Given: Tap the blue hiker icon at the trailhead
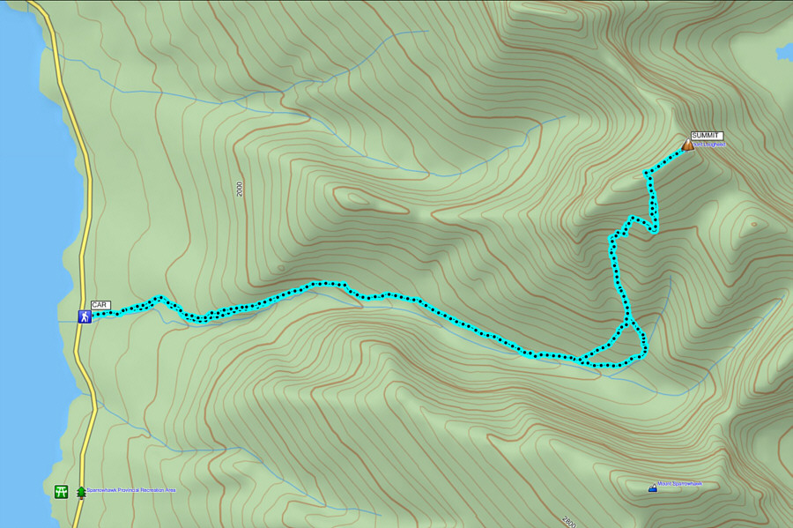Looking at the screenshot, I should point(84,316).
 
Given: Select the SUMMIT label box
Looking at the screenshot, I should point(706,135).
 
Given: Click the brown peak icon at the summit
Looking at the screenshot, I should point(688,145).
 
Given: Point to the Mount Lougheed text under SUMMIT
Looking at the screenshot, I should point(709,145).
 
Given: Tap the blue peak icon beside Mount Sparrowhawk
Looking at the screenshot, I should point(652,487).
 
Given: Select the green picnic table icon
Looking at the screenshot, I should point(61,491).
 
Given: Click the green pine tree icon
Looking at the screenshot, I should point(82,491).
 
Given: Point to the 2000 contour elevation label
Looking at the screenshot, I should point(239,189).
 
